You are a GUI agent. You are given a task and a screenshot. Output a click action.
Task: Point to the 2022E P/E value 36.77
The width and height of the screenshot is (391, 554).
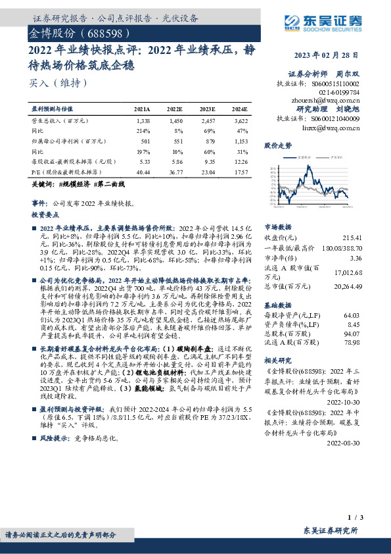click(174, 171)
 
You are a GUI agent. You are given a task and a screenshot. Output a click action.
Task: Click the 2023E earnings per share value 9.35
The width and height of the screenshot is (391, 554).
click(208, 161)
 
